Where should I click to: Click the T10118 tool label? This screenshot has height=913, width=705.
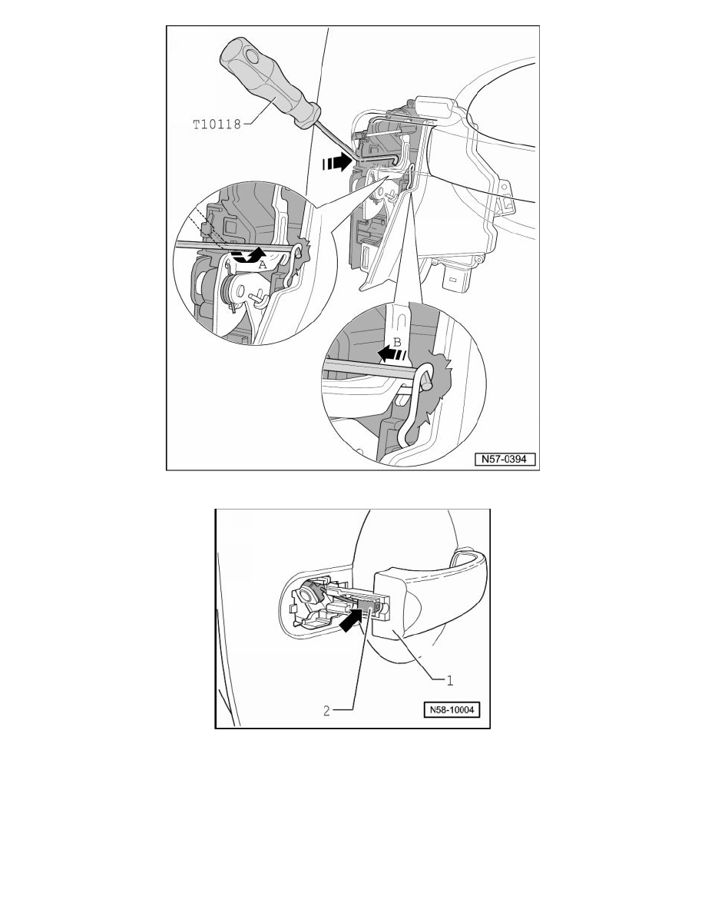(x=217, y=124)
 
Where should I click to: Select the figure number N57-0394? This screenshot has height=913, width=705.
(x=505, y=459)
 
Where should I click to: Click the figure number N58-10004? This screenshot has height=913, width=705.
(x=452, y=710)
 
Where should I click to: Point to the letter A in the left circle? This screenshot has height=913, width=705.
(x=262, y=265)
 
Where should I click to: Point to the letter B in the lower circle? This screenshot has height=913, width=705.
(x=398, y=343)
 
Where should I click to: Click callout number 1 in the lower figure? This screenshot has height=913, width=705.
(x=449, y=679)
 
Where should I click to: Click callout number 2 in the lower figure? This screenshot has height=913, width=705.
(x=327, y=710)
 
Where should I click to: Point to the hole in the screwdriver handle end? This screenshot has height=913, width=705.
(x=250, y=57)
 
